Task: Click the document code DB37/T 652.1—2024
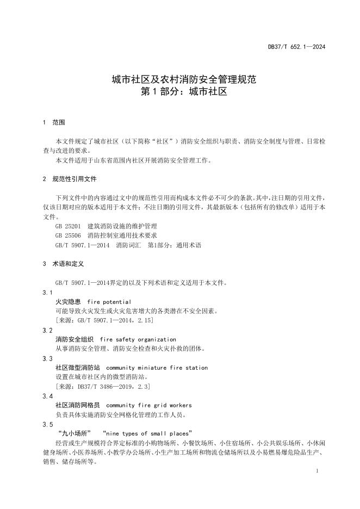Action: (x=296, y=47)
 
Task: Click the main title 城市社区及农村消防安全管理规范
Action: (x=180, y=80)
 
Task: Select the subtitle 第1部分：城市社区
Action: (x=180, y=92)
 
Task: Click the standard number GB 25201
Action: (x=68, y=226)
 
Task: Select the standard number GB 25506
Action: (x=68, y=235)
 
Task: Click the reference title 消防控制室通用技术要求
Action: (x=122, y=235)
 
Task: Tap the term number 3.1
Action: (x=47, y=293)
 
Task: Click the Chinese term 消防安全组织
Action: (x=75, y=339)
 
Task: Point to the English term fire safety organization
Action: (x=138, y=339)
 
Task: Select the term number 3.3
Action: (x=47, y=358)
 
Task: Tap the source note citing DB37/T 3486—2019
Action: (x=103, y=386)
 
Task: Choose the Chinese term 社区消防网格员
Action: (x=78, y=405)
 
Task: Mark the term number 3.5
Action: (x=47, y=424)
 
